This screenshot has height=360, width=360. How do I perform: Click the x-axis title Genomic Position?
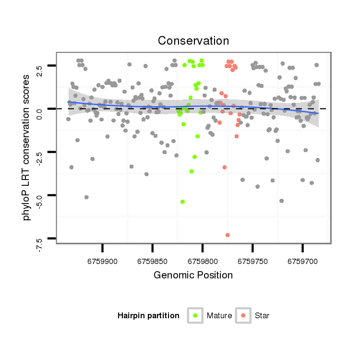click(x=193, y=276)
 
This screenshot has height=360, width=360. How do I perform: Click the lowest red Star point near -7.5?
click(x=228, y=235)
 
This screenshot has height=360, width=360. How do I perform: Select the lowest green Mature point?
click(x=182, y=202)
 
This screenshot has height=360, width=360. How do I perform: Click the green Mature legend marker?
click(x=195, y=315)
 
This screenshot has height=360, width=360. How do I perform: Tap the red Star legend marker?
click(x=244, y=315)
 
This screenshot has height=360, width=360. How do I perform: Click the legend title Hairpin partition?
click(x=148, y=316)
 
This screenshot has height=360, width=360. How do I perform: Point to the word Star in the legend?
click(x=262, y=316)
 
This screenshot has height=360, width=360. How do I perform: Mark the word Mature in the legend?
click(x=219, y=316)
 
